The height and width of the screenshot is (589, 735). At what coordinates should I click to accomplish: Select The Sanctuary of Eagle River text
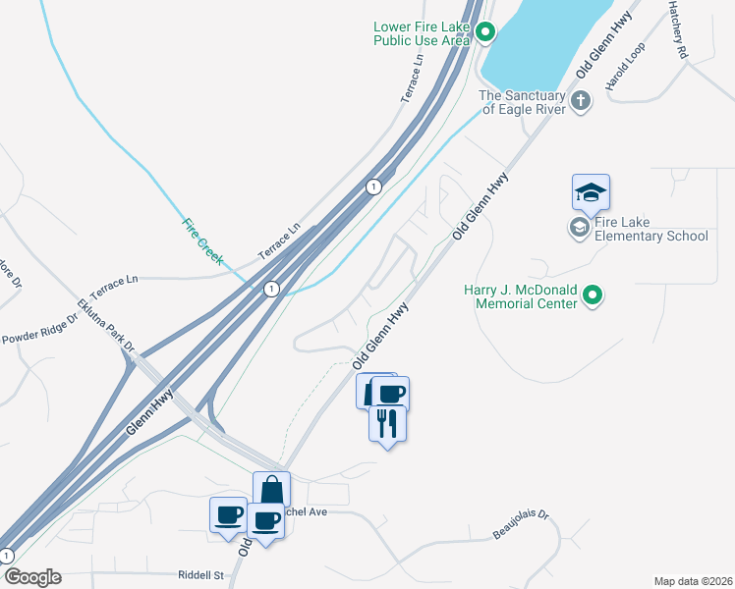coord(523,102)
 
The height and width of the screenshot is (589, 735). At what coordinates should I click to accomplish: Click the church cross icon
coord(581,99)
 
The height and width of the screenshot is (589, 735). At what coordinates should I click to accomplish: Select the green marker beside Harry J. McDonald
coord(592,295)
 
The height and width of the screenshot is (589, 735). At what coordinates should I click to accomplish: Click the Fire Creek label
coord(202,241)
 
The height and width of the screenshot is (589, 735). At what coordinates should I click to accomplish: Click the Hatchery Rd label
coord(680,28)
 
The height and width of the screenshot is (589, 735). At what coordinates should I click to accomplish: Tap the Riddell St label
coord(201,574)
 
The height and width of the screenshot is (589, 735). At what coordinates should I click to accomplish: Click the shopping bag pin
coord(271,489)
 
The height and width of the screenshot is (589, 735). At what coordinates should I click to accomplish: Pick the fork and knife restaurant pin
coord(387,423)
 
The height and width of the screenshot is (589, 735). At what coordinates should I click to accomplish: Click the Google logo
coord(31,577)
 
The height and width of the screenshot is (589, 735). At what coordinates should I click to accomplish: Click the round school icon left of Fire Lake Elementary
coord(579,229)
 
